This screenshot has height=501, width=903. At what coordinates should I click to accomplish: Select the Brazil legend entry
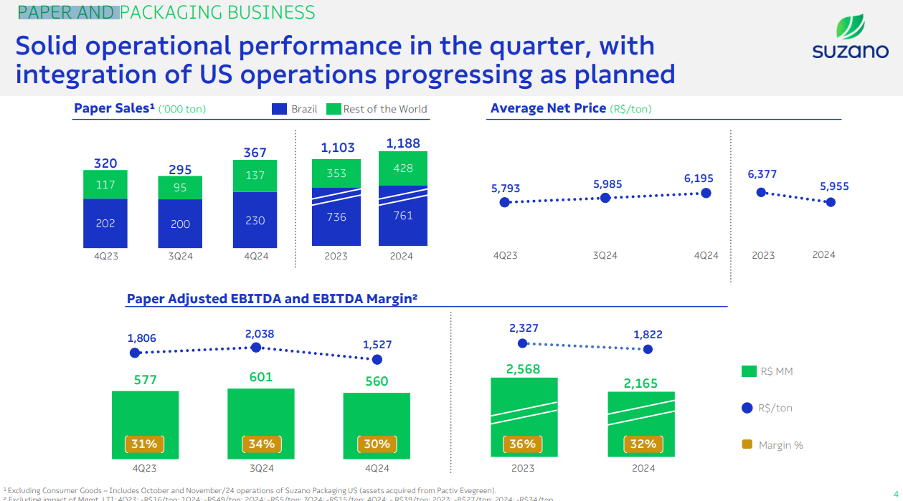[295, 109]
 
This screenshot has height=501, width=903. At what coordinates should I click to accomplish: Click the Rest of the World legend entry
[377, 109]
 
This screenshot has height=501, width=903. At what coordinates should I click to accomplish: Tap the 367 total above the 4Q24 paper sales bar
[255, 153]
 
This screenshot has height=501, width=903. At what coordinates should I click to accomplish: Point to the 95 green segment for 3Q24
[180, 188]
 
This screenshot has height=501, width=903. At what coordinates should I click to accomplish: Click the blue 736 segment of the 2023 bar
[336, 217]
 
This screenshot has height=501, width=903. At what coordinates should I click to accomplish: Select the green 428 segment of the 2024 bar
[403, 168]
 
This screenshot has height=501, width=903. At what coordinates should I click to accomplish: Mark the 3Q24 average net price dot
[605, 198]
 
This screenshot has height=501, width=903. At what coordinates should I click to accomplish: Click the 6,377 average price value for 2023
[762, 174]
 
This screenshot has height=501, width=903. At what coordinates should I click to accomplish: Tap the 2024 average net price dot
[831, 202]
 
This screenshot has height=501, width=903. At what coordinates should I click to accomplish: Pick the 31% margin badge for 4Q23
[144, 444]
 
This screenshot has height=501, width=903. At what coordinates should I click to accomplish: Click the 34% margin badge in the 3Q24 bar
[261, 444]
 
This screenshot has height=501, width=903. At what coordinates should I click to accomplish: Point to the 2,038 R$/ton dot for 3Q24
[256, 348]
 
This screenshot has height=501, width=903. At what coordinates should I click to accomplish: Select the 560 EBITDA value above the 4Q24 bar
[377, 381]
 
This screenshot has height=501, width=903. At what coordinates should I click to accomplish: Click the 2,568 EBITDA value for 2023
[523, 369]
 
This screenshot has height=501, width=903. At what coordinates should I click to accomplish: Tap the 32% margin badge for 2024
[643, 444]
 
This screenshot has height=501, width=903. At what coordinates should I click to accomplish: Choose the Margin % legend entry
[772, 445]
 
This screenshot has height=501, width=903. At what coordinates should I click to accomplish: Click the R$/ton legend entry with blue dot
[767, 408]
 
